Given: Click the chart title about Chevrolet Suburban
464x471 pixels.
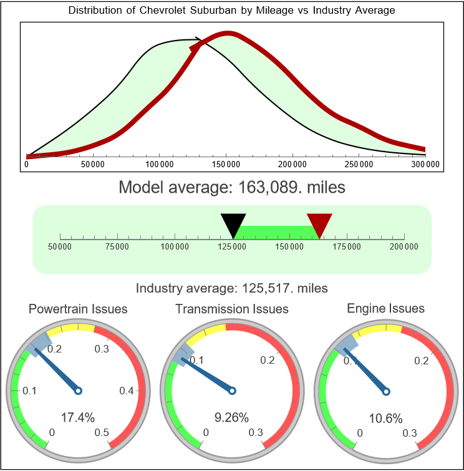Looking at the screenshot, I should point(231,11).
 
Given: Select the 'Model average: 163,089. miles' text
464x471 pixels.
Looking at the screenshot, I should point(232,187).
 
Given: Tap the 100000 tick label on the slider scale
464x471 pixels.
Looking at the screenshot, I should point(175,247).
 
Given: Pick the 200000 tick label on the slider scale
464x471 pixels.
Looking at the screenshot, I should point(405,247).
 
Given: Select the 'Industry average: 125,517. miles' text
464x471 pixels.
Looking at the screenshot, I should point(232,288).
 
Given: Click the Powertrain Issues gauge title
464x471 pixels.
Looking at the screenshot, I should point(78,309).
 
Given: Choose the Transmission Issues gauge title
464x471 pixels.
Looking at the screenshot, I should point(232,309).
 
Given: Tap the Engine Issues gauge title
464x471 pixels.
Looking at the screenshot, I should point(385,308).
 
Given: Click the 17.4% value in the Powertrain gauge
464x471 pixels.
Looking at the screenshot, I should point(76,417).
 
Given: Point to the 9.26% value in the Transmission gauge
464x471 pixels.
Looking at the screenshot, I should point(232,417).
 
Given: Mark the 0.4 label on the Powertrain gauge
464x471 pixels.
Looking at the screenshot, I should point(127,391).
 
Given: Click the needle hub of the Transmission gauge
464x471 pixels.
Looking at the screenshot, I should point(232,391).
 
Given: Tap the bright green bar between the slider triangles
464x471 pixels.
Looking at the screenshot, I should point(276,231).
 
